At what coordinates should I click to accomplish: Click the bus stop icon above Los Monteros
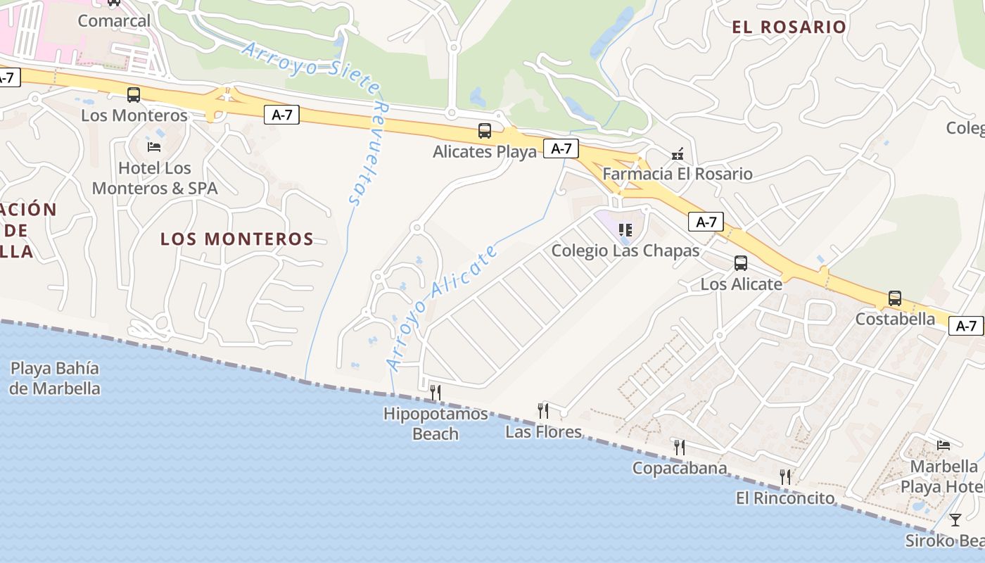tap(134, 95)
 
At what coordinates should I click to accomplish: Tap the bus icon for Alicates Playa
tap(485, 131)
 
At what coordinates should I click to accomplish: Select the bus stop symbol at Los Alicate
tap(741, 263)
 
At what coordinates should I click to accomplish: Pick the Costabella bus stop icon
tap(895, 298)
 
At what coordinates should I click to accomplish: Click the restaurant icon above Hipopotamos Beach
tap(436, 393)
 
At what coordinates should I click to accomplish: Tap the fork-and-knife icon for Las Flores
tap(543, 411)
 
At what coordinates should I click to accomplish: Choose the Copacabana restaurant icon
tap(679, 448)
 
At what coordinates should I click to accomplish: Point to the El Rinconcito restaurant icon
tap(785, 477)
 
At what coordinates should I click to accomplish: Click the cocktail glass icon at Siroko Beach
tap(955, 520)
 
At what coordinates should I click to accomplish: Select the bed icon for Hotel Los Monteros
tap(154, 146)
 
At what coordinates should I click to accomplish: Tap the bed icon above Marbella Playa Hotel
tap(943, 445)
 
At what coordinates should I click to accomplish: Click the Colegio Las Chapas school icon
tap(625, 230)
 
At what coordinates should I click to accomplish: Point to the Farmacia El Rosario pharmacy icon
tap(678, 154)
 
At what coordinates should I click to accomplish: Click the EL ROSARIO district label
tap(789, 27)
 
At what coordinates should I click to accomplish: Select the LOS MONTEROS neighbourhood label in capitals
tap(237, 239)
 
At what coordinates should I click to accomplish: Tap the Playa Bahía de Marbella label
tap(55, 378)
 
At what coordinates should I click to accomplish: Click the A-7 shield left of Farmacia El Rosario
tap(561, 148)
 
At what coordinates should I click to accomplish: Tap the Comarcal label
tap(114, 20)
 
